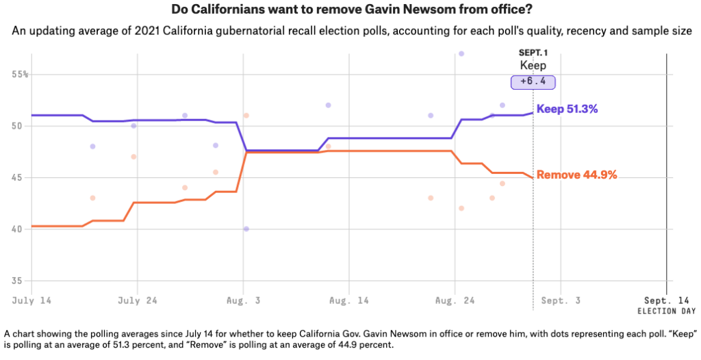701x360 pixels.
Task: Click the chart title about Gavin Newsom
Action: pyautogui.click(x=350, y=10)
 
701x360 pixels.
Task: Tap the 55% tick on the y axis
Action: pyautogui.click(x=21, y=74)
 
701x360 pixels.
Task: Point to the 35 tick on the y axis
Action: pyautogui.click(x=18, y=281)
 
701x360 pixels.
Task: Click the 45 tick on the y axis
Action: pyautogui.click(x=18, y=177)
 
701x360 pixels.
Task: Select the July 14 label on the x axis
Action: pyautogui.click(x=31, y=300)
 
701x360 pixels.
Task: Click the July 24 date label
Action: pyautogui.click(x=138, y=300)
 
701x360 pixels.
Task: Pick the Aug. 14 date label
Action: pyautogui.click(x=349, y=300)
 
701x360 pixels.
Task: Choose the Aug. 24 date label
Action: pyautogui.click(x=455, y=300)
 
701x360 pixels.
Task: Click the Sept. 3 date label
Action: pyautogui.click(x=560, y=300)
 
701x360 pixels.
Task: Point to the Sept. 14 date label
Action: pyautogui.click(x=666, y=300)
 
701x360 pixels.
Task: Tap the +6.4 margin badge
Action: pyautogui.click(x=533, y=81)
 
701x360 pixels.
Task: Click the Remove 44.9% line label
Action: pyautogui.click(x=576, y=175)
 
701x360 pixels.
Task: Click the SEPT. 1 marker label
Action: pyautogui.click(x=533, y=53)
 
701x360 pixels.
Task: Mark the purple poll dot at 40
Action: pyautogui.click(x=246, y=229)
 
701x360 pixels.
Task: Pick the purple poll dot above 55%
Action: pyautogui.click(x=461, y=53)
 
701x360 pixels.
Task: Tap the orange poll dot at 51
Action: pyautogui.click(x=246, y=115)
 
